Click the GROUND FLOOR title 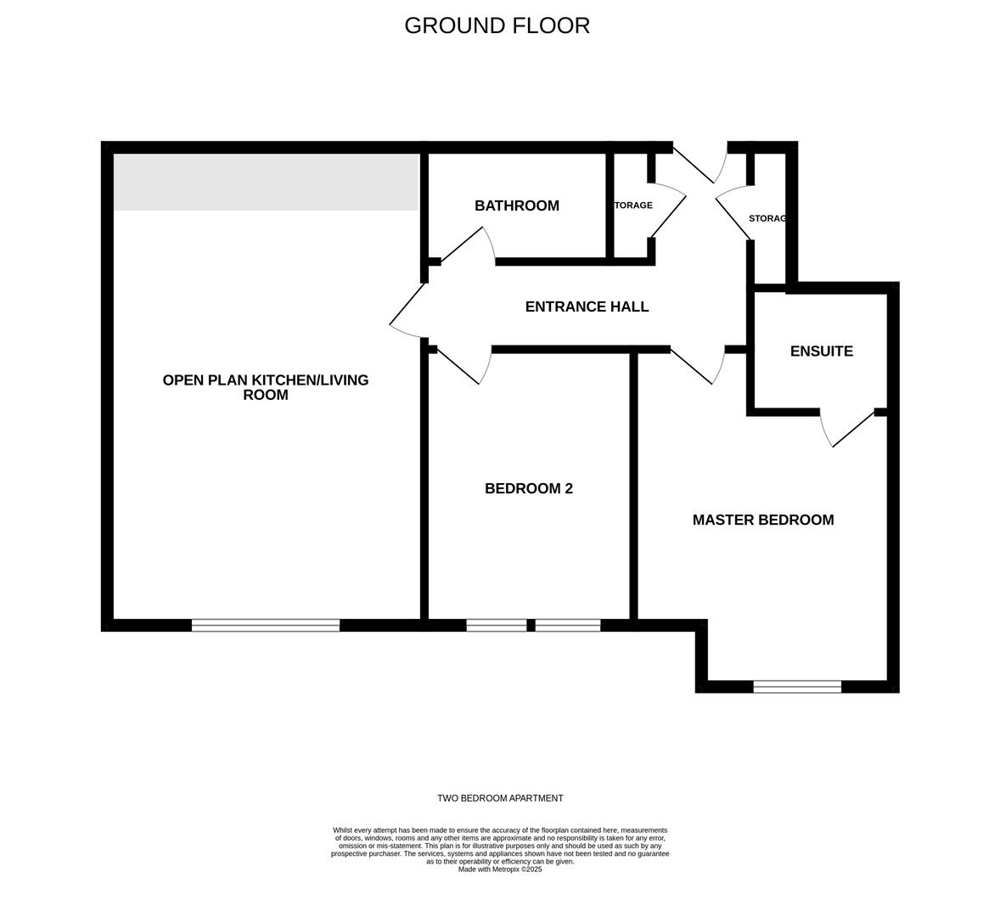point(497,25)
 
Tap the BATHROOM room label point(517,205)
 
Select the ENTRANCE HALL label point(587,307)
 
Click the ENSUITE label point(822,352)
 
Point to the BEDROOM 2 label point(529,488)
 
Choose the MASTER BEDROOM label point(763,520)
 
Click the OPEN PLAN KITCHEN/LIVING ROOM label point(266,387)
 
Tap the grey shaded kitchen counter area point(266,182)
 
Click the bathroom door point(469,245)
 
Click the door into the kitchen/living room point(408,311)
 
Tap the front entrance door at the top point(699,165)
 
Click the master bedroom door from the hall point(697,365)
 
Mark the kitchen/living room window point(266,625)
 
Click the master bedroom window point(797,687)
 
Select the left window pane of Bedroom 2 point(496,625)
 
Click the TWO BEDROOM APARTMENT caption point(500,798)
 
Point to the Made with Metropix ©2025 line point(500,869)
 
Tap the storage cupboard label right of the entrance point(767,218)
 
